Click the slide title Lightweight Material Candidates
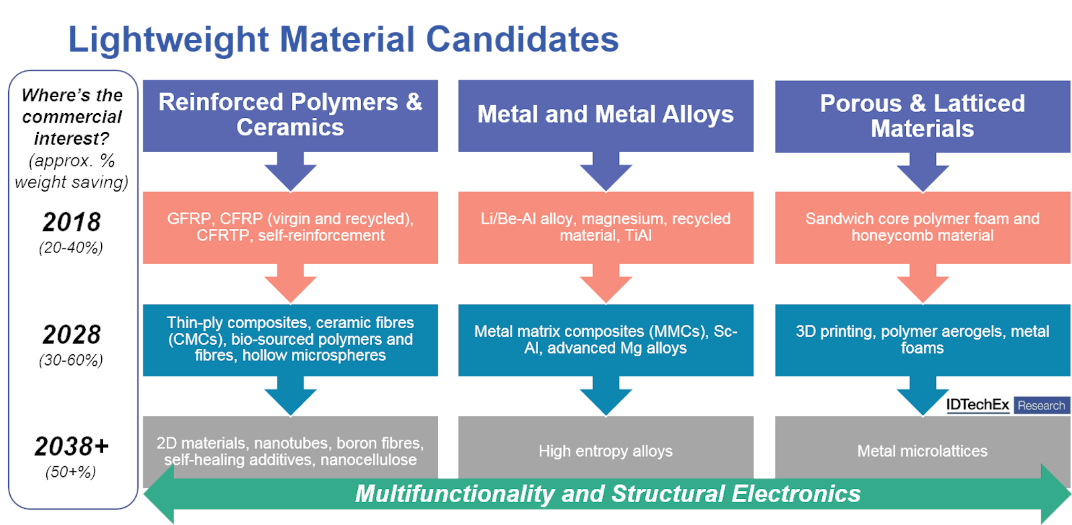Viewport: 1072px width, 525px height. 343,40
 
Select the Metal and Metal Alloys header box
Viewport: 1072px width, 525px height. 605,115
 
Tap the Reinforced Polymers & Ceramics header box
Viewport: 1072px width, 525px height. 290,115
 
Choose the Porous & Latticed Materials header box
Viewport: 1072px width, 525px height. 922,116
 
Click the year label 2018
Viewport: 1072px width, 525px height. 71,222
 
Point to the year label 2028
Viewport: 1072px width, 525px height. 71,335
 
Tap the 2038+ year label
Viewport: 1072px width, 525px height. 71,447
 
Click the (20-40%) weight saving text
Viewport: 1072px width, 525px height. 71,248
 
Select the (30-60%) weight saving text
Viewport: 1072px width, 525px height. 71,360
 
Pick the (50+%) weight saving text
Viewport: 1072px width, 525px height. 71,472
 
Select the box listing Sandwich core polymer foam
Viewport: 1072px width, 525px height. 922,227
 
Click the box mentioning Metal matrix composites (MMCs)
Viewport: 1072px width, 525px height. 605,340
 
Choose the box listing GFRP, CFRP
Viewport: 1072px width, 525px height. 290,227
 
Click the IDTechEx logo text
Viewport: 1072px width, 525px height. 977,404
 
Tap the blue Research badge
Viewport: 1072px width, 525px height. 1041,405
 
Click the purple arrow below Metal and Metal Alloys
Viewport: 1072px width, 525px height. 606,172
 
